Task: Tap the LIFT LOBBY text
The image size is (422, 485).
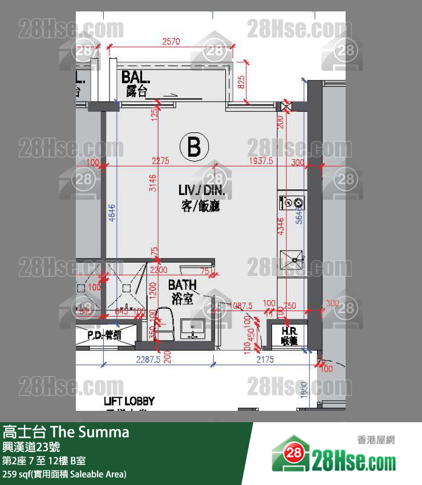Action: pyautogui.click(x=129, y=402)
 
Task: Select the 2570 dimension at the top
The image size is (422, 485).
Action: pyautogui.click(x=172, y=41)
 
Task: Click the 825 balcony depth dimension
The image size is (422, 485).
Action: pyautogui.click(x=241, y=83)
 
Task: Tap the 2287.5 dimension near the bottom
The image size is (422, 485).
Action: pyautogui.click(x=148, y=359)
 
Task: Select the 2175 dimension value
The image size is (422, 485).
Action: pyautogui.click(x=265, y=359)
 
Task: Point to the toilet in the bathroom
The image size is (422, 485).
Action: pyautogui.click(x=164, y=322)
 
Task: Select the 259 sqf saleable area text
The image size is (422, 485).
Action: pyautogui.click(x=64, y=474)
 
